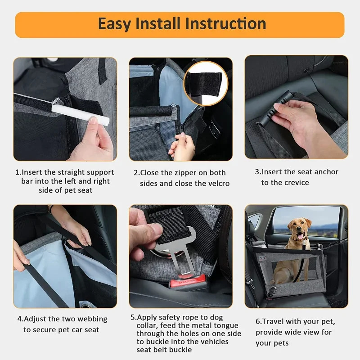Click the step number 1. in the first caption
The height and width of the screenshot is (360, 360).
[x=18, y=172]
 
